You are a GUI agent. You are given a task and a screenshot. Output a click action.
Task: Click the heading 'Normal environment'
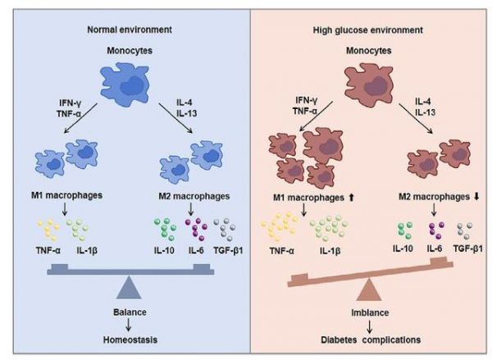click(130, 30)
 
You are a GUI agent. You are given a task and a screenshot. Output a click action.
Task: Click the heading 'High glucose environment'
click(368, 30)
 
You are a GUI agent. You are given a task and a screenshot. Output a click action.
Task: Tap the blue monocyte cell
click(125, 84)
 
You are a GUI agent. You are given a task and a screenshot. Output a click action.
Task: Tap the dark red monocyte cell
click(369, 83)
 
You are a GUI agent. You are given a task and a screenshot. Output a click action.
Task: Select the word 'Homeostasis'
click(130, 339)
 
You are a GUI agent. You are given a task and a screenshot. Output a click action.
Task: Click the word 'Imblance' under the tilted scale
click(370, 312)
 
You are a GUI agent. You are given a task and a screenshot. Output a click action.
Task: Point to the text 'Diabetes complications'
click(371, 339)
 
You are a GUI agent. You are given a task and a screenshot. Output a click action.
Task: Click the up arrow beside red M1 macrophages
click(351, 198)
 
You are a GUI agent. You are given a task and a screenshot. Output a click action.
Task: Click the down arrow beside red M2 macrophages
click(476, 197)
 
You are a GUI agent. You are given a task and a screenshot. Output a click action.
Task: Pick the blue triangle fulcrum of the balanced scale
click(129, 288)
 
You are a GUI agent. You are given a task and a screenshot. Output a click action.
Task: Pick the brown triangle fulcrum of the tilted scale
click(369, 289)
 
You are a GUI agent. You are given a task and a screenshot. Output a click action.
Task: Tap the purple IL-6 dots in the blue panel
click(196, 229)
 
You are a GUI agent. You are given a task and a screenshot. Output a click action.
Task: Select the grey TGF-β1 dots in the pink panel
click(465, 230)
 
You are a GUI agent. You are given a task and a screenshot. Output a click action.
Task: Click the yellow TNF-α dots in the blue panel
click(48, 230)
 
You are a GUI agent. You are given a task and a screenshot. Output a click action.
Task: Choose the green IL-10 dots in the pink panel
click(405, 230)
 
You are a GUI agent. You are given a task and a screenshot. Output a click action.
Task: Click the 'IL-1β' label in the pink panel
click(330, 251)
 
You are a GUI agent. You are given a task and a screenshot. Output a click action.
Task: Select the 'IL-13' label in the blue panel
click(187, 112)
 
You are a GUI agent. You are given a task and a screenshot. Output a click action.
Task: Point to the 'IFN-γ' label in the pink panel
click(306, 100)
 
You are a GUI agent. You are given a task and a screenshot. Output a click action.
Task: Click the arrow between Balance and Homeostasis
click(129, 325)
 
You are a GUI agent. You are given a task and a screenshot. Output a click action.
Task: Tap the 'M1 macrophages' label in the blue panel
click(67, 195)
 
